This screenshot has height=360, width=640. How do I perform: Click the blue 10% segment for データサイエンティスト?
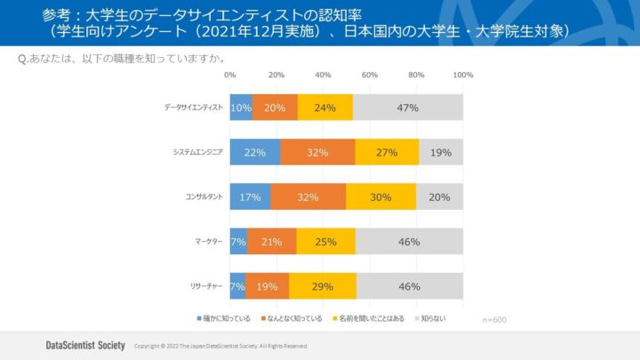[241, 108]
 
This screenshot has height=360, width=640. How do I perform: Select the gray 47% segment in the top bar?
[408, 108]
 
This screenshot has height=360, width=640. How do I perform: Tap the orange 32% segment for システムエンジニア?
[317, 152]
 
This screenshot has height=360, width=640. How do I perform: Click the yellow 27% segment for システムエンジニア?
[387, 152]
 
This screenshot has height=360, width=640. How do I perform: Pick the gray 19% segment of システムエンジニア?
[441, 152]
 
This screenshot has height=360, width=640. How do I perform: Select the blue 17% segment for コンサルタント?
[250, 196]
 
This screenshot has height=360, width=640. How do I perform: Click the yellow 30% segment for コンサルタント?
[380, 196]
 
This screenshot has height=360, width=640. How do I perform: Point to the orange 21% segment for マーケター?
[271, 241]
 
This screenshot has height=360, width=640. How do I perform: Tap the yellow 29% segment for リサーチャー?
[323, 285]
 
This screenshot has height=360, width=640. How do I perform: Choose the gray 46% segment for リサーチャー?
[410, 285]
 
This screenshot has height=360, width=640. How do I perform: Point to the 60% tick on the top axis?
[370, 76]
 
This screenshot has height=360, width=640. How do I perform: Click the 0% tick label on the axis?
[230, 76]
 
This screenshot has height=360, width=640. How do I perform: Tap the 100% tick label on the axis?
[462, 76]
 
